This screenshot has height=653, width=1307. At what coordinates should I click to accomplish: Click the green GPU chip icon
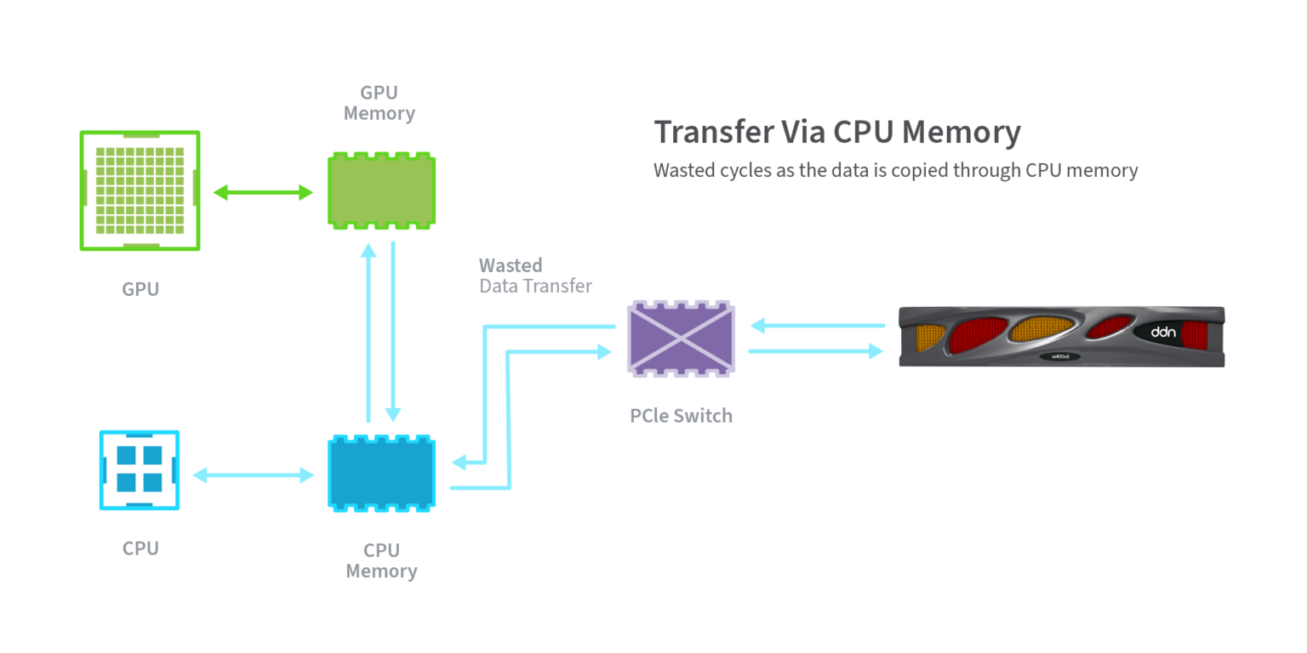pos(140,190)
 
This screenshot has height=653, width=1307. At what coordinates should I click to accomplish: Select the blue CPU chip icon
pos(140,470)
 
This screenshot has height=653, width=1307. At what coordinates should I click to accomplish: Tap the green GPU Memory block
pos(382,190)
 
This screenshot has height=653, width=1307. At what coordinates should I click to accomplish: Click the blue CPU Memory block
pos(382,474)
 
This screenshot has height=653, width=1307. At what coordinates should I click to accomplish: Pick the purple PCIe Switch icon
pos(682,338)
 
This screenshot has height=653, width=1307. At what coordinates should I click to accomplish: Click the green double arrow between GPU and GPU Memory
pos(263,193)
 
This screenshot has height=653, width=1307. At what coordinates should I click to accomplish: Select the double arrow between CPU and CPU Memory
pos(253,474)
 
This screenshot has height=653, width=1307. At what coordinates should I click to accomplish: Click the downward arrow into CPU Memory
pos(393,332)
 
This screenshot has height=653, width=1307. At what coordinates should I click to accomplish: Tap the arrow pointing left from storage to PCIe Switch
pos(817,325)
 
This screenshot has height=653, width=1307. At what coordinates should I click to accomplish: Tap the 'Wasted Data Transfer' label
pos(535,275)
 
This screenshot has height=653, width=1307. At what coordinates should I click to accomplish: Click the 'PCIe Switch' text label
pos(681,416)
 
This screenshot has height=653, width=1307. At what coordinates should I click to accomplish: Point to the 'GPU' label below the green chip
pos(140,289)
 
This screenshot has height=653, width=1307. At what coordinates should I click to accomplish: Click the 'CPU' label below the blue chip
pos(140,548)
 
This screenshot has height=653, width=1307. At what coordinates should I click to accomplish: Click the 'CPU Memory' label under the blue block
pos(381,561)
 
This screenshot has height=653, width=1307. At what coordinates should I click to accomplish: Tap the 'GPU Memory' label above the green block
pos(380,103)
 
